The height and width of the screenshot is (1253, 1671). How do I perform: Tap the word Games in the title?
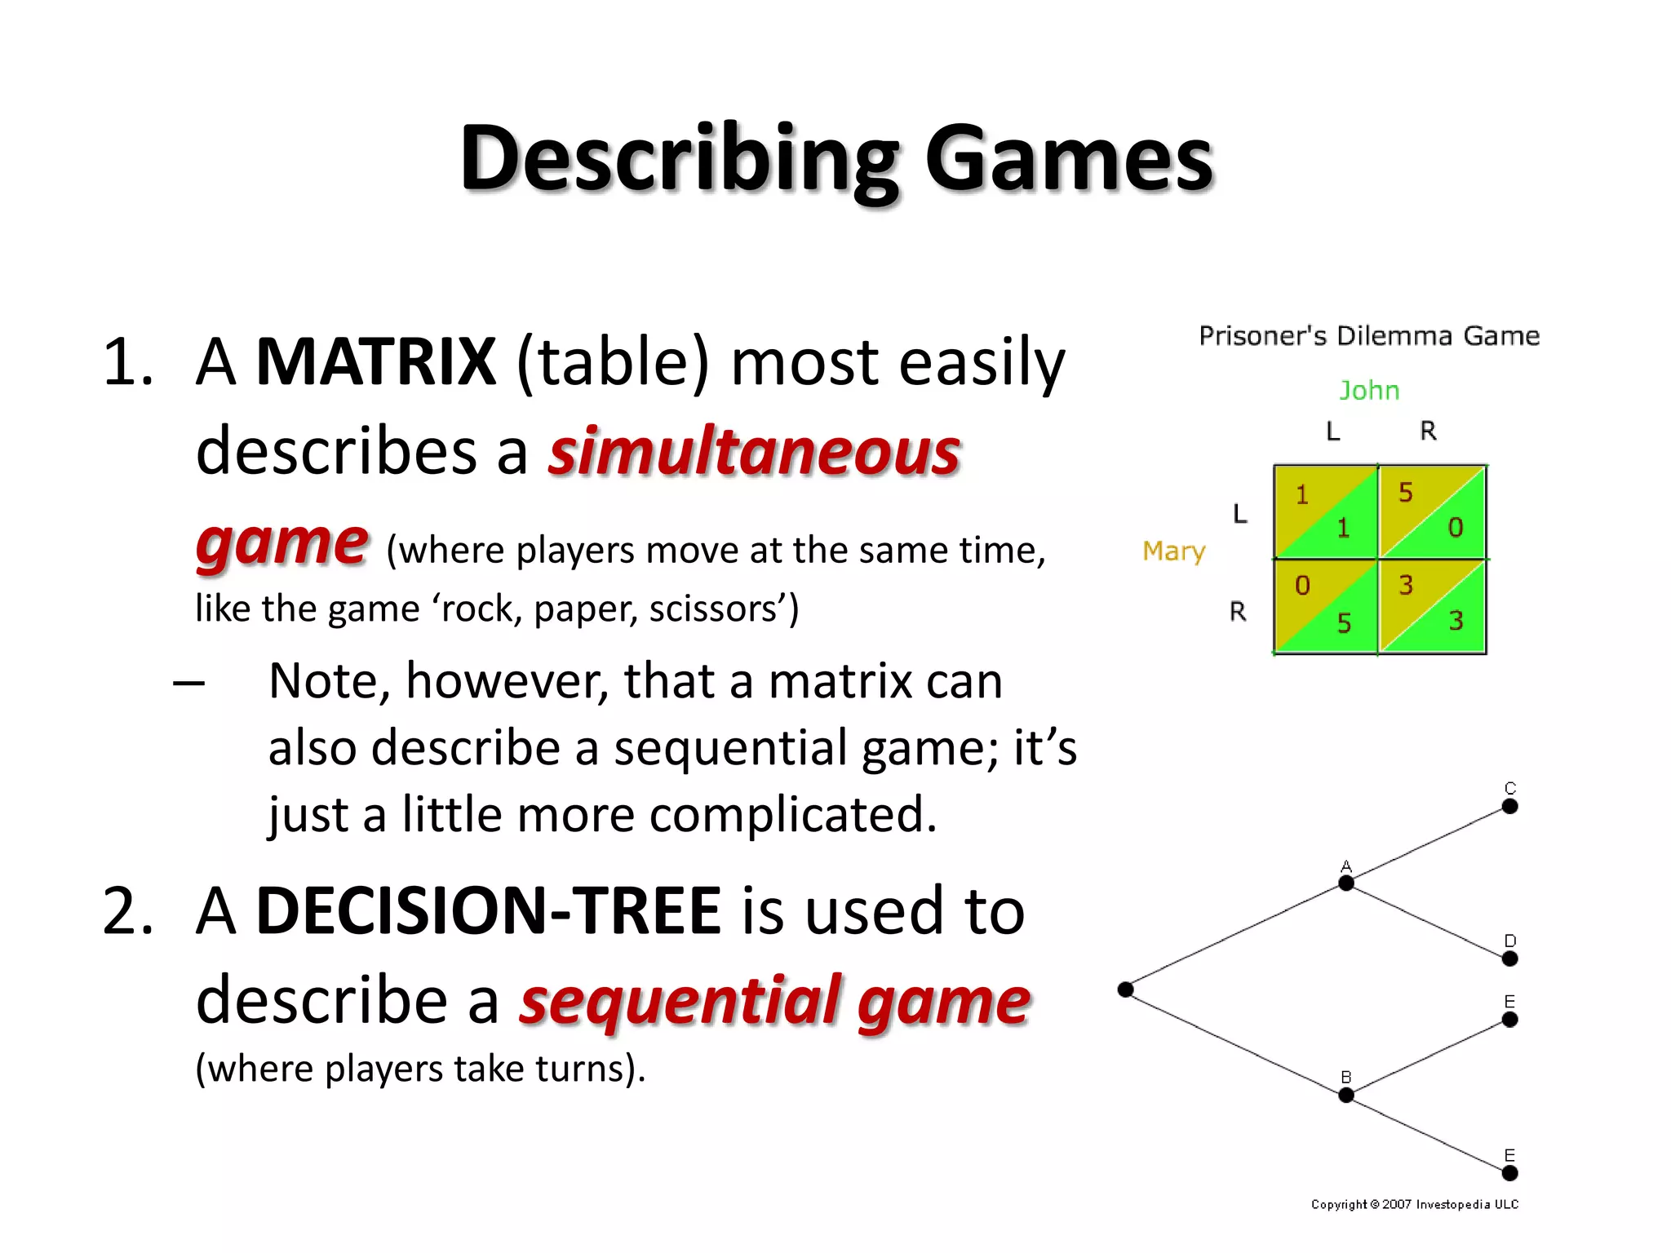point(1069,159)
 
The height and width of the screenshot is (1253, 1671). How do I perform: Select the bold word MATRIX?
point(375,361)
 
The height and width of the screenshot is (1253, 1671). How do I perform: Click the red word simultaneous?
point(754,452)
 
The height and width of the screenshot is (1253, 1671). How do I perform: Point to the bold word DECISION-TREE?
point(488,910)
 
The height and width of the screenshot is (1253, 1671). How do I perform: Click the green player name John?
point(1369,391)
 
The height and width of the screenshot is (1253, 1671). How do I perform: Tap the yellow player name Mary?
point(1173,552)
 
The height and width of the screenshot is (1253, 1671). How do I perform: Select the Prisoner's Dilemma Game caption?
point(1369,336)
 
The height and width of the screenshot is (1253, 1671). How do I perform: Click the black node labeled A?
point(1346,883)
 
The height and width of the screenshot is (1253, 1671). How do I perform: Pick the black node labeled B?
point(1346,1095)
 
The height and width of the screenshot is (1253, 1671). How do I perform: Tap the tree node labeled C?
point(1510,806)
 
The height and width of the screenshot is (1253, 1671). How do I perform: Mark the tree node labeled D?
point(1510,959)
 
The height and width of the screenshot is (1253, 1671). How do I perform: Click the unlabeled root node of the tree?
point(1126,990)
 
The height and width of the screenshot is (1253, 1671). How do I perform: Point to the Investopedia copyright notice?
point(1415,1204)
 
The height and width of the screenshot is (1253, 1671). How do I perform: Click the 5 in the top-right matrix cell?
point(1405,493)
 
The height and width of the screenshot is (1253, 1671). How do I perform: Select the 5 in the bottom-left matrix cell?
point(1344,623)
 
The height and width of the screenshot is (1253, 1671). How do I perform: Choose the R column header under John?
point(1428,431)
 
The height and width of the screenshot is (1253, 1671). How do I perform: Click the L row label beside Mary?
point(1240,514)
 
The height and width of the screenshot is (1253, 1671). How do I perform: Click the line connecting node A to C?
point(1428,844)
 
